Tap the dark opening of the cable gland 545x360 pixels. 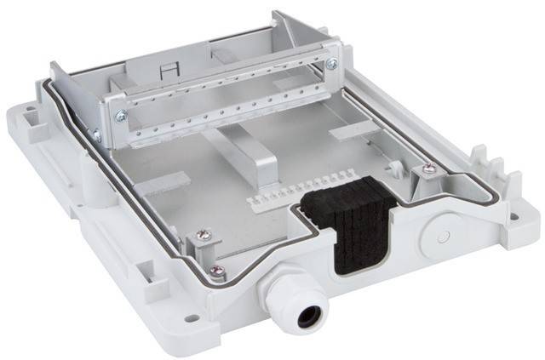(x=308, y=317)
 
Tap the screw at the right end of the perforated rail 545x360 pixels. (x=331, y=64)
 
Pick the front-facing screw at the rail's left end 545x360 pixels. (x=122, y=116)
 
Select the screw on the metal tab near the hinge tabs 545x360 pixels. (x=428, y=169)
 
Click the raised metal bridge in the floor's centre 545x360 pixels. (x=255, y=157)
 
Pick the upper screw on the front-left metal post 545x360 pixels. (x=203, y=234)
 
